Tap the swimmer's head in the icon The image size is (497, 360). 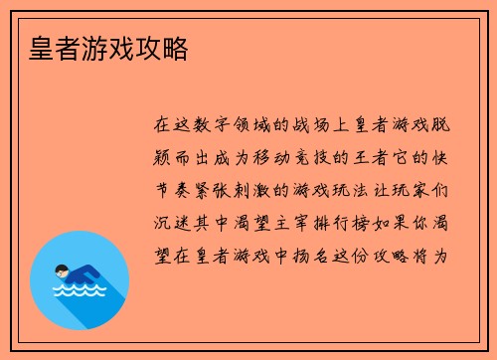pos(62,270)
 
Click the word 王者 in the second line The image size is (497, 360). pos(403,157)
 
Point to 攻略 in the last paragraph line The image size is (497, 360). pos(403,254)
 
